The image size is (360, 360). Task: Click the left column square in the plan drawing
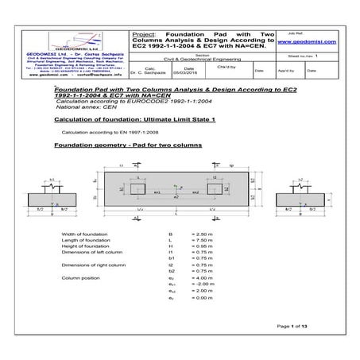pyautogui.click(x=139, y=192)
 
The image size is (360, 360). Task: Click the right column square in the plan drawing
pyautogui.click(x=217, y=192)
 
